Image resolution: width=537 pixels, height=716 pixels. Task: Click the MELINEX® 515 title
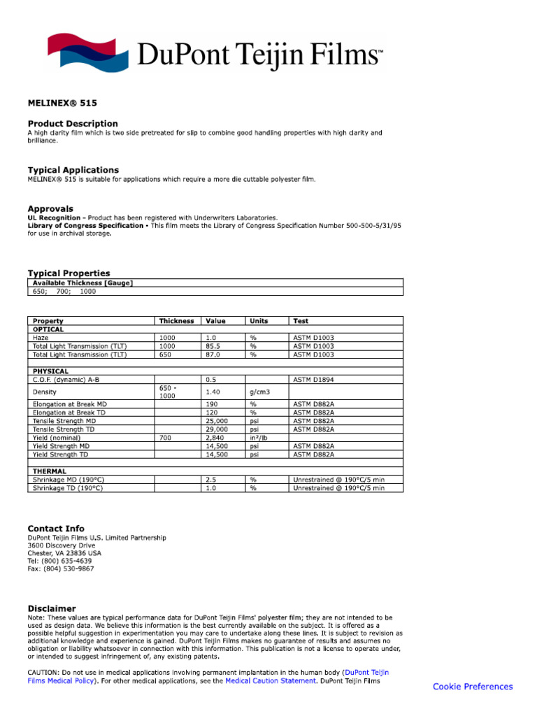pos(62,103)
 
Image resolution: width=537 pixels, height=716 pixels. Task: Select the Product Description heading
pos(73,124)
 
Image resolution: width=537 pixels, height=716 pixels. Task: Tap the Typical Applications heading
pos(73,170)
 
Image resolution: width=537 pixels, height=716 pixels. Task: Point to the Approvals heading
pos(50,208)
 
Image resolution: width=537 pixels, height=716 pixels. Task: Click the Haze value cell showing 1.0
pos(210,338)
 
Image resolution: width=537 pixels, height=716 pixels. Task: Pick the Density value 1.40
pos(213,392)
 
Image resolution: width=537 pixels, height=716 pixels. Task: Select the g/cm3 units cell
pos(260,392)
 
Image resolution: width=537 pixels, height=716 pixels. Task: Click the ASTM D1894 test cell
pos(314,380)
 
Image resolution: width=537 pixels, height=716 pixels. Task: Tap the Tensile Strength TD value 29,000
pos(217,429)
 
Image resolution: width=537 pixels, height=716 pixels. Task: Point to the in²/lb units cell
pos(259,438)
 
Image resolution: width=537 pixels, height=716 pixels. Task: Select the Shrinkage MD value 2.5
pos(210,480)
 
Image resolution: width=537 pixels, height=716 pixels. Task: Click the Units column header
pos(259,321)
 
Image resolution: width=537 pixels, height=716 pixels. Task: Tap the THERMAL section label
pos(49,471)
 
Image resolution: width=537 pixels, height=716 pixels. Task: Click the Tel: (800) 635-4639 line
pos(59,561)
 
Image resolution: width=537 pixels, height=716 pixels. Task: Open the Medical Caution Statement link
pos(270,680)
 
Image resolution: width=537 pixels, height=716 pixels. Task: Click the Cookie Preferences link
pos(473,687)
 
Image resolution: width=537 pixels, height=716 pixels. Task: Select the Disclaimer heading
pos(52,608)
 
